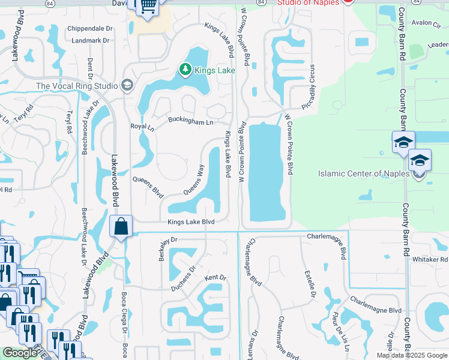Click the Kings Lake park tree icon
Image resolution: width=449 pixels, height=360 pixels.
pos(185,70)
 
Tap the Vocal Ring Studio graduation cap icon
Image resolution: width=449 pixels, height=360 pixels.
pos(126,85)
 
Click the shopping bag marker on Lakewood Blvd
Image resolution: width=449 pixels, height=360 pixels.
pos(121,227)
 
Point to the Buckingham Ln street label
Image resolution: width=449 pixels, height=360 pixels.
pos(190,122)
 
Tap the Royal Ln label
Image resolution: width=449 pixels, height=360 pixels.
pos(142,127)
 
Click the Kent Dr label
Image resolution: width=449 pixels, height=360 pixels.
pos(214,278)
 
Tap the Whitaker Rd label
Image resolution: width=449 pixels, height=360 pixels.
pos(430,259)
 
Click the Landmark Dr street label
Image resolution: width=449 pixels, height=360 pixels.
pos(90,41)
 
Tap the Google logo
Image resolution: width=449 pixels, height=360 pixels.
pos(20,353)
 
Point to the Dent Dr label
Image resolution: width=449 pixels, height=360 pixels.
pos(89,68)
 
